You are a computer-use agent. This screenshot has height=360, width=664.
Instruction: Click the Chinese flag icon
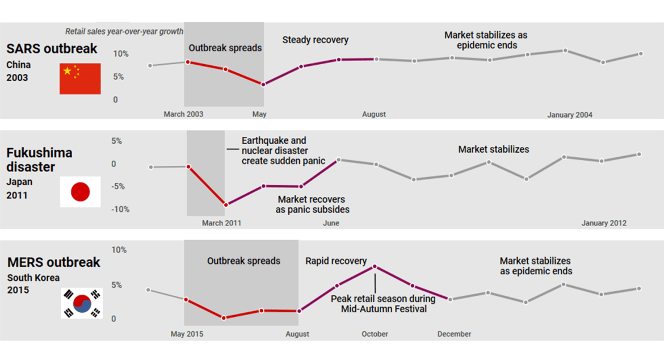tap(80, 78)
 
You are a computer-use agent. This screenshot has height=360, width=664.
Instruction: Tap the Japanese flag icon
tap(80, 192)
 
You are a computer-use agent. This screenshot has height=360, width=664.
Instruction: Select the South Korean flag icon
tap(82, 303)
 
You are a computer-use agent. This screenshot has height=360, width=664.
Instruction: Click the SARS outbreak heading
tap(52, 48)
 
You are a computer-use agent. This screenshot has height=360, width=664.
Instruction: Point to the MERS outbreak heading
tap(53, 262)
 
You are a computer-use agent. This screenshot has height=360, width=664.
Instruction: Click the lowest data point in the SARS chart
tap(263, 85)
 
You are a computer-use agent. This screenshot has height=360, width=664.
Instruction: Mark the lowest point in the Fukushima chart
tap(226, 205)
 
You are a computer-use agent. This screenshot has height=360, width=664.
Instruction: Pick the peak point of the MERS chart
tap(375, 266)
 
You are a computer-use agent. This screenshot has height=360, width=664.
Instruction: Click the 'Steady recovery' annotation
tap(315, 40)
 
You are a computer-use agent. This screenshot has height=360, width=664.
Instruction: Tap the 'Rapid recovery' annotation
tap(336, 261)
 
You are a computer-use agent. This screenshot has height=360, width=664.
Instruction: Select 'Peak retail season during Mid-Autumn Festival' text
tap(384, 304)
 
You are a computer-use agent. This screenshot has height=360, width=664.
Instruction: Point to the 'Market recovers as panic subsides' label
tap(312, 204)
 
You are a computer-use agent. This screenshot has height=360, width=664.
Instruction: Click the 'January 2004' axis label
tap(569, 115)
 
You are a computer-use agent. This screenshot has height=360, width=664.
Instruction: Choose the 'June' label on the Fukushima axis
tap(331, 223)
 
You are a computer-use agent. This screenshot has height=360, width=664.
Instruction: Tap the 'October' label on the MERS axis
tap(375, 334)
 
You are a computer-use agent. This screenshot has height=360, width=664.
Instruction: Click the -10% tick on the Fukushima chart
tap(120, 210)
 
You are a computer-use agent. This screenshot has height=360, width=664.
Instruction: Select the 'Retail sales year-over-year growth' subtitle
tap(124, 32)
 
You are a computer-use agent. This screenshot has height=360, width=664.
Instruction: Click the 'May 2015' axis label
tap(187, 334)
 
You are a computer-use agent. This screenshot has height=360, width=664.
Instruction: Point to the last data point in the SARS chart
tap(640, 54)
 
